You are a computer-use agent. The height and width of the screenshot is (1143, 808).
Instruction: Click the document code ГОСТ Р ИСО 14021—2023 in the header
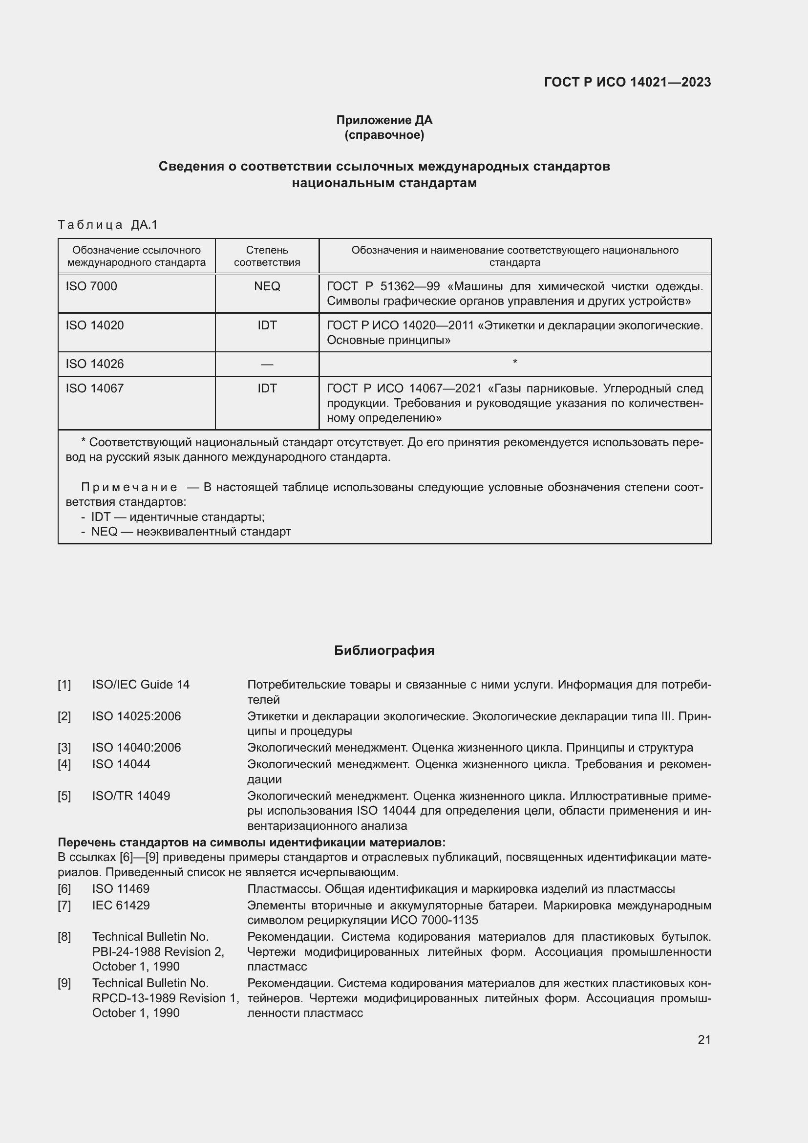(627, 82)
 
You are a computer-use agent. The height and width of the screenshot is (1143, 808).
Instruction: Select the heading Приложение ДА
(384, 120)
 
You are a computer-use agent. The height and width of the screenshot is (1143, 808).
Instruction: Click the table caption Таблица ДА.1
(107, 225)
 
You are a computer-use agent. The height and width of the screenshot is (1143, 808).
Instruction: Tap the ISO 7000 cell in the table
(91, 286)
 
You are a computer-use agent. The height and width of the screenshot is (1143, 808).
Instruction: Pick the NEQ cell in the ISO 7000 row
(267, 286)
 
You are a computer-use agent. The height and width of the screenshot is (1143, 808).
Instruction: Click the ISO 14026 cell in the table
(95, 364)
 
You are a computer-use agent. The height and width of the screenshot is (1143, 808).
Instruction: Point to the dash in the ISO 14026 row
(267, 365)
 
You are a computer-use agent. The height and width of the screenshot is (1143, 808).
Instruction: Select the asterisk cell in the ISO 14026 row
(515, 363)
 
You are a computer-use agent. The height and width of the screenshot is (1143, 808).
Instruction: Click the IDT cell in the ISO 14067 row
(267, 388)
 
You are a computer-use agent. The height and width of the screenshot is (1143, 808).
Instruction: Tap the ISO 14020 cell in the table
(95, 325)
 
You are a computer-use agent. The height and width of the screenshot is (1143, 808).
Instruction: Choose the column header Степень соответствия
(267, 256)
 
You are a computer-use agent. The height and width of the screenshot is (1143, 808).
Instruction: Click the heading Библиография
(384, 650)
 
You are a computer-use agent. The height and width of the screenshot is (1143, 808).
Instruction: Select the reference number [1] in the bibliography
(64, 685)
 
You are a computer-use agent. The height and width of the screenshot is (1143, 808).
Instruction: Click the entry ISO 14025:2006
(136, 716)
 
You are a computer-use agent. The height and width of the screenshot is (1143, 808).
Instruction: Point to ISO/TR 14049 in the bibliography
(131, 796)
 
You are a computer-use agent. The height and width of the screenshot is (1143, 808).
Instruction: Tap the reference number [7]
(64, 906)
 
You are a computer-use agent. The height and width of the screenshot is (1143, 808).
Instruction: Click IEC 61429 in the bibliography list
(121, 906)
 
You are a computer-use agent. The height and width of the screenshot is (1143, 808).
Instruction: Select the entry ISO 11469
(120, 889)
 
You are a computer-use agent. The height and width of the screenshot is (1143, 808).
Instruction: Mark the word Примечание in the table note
(129, 487)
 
